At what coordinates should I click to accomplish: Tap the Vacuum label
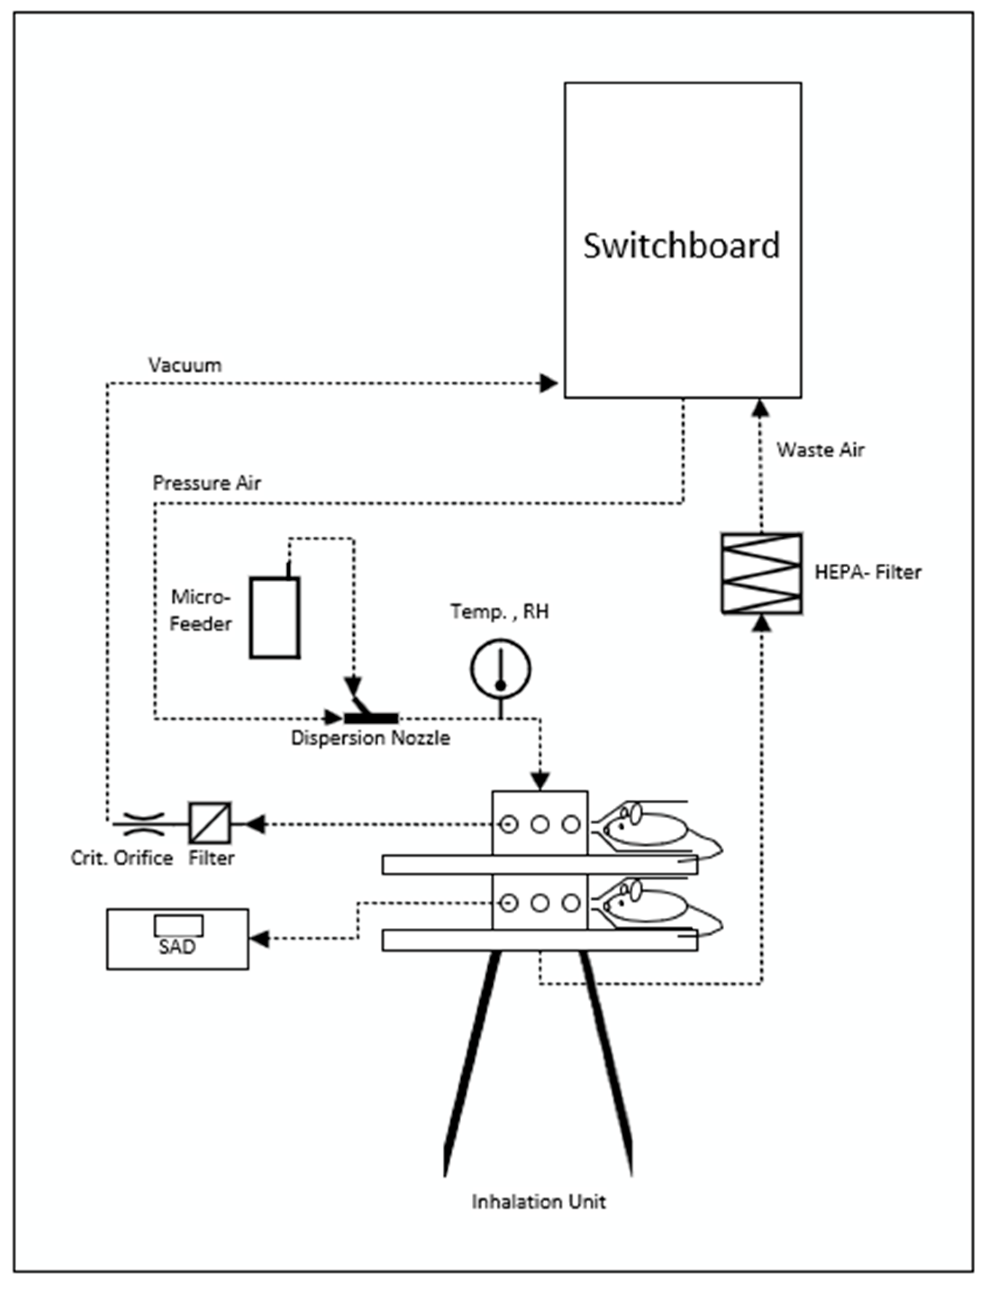pyautogui.click(x=185, y=365)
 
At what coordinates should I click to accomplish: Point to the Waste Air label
pyautogui.click(x=821, y=450)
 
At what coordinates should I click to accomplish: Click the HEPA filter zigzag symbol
pyautogui.click(x=762, y=573)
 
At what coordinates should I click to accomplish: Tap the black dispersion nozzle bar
pyautogui.click(x=371, y=718)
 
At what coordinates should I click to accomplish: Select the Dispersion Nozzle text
pyautogui.click(x=371, y=738)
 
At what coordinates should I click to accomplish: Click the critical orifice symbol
pyautogui.click(x=139, y=824)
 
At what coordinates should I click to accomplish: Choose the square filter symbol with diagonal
pyautogui.click(x=210, y=824)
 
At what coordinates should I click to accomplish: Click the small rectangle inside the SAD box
pyautogui.click(x=179, y=925)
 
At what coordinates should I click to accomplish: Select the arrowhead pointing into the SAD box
pyautogui.click(x=260, y=939)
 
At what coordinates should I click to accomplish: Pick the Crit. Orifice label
pyautogui.click(x=122, y=858)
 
